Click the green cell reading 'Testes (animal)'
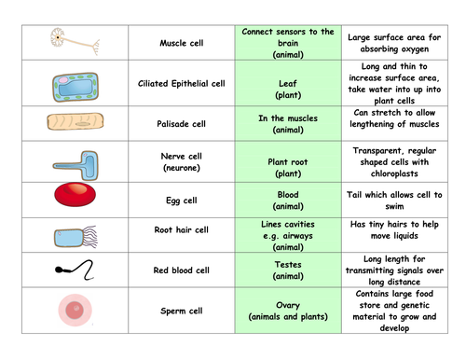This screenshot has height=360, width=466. click(x=287, y=270)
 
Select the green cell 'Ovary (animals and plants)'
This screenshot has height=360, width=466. click(x=287, y=310)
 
